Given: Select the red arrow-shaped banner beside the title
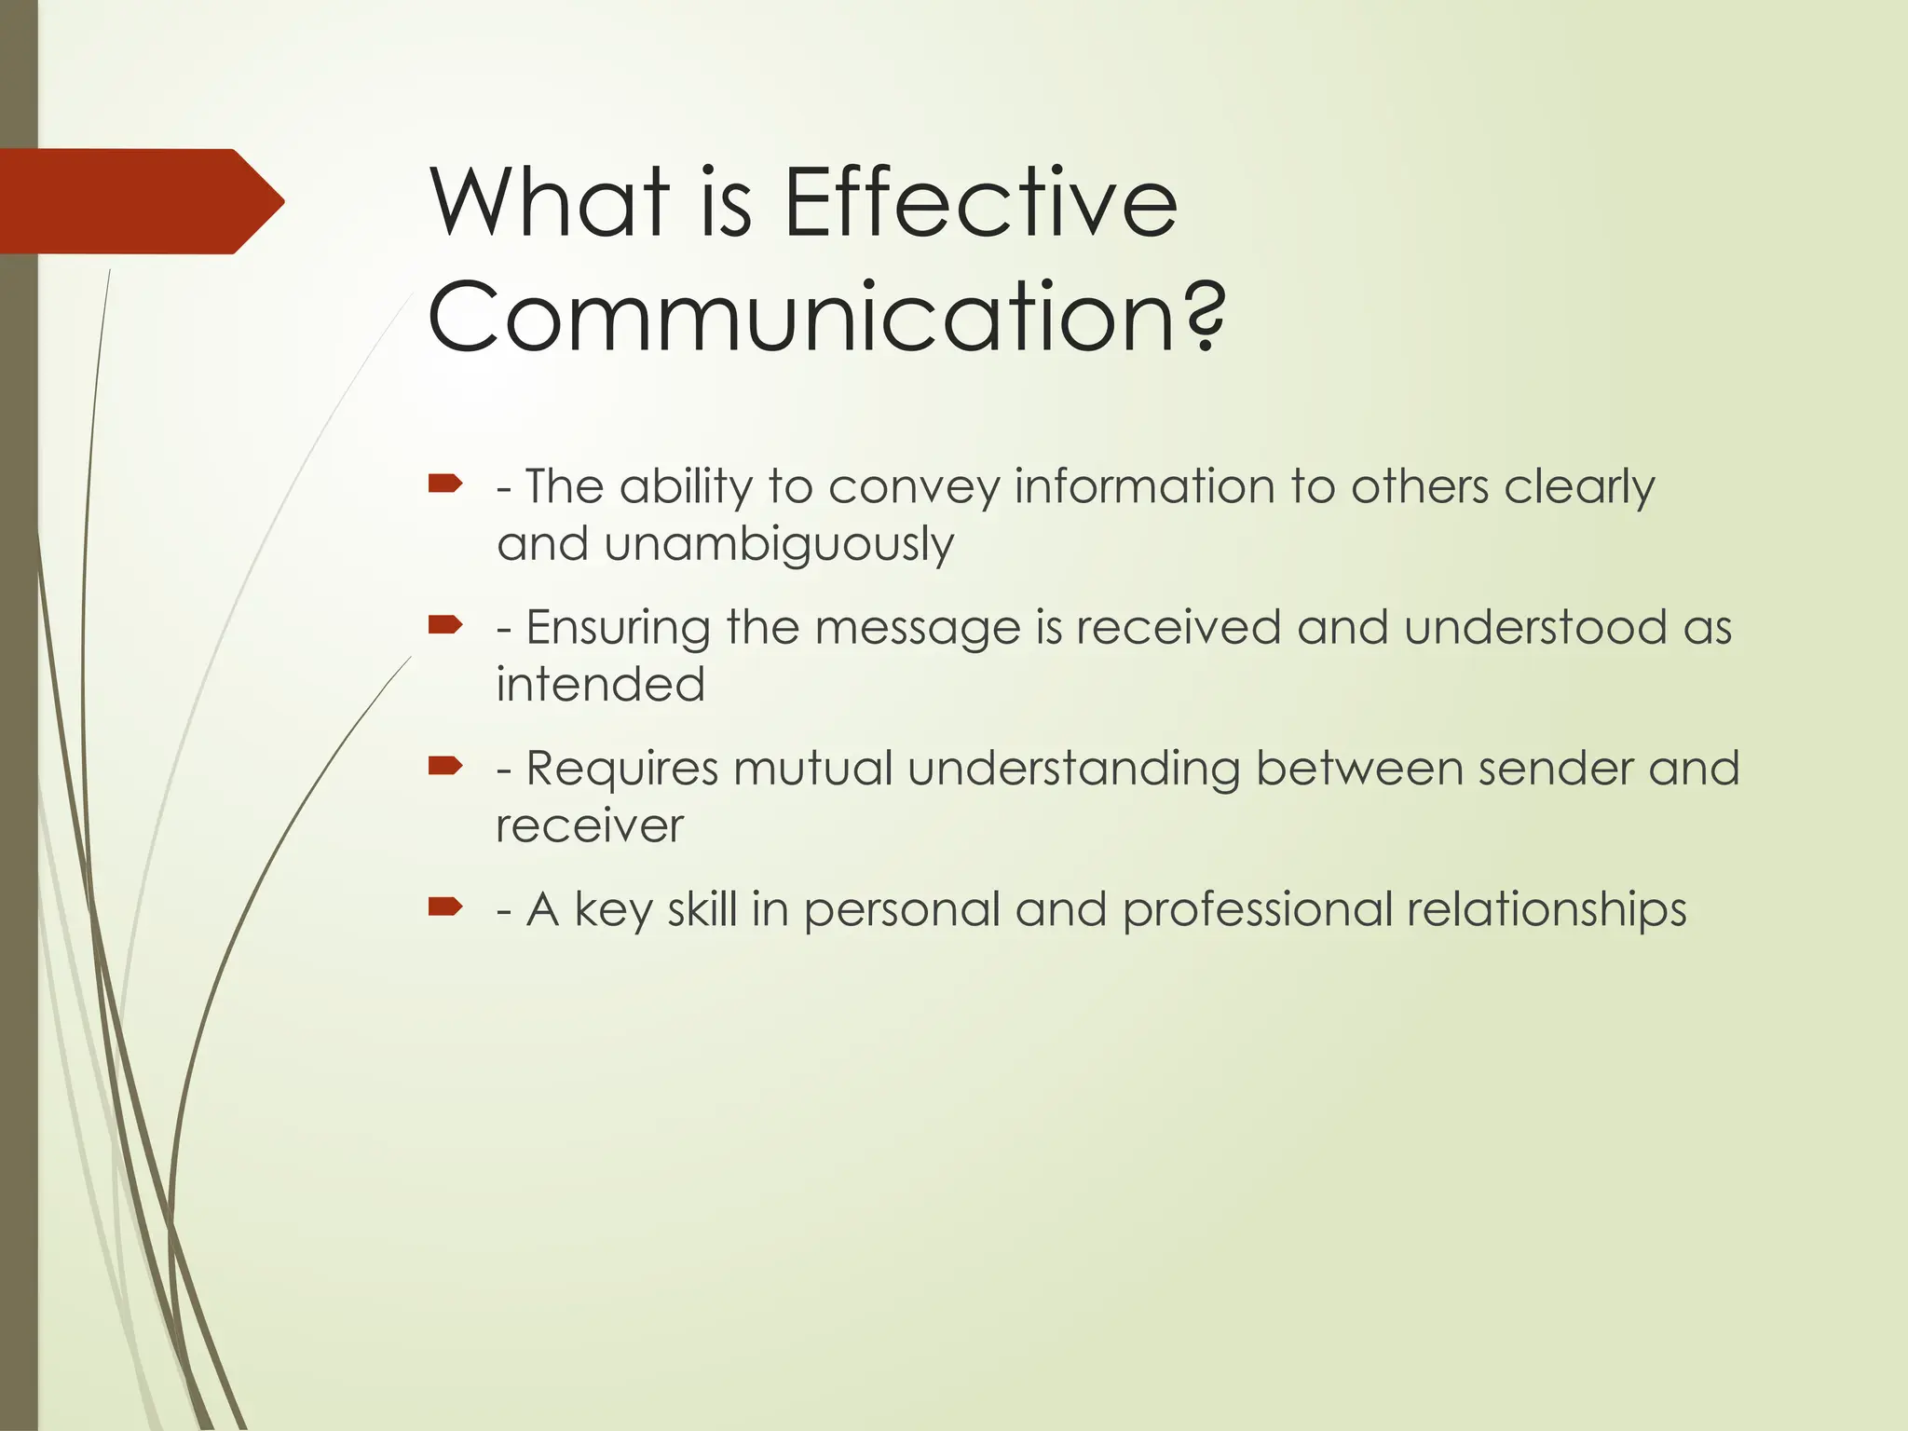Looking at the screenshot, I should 140,201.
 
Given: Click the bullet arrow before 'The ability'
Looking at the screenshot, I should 445,484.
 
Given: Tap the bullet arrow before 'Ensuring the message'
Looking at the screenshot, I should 445,624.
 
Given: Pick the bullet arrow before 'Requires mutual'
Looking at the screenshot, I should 445,766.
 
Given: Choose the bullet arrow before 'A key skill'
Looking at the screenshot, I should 445,906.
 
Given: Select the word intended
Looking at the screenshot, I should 600,685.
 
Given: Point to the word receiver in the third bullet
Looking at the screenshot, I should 590,826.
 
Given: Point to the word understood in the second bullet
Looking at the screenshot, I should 1535,627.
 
